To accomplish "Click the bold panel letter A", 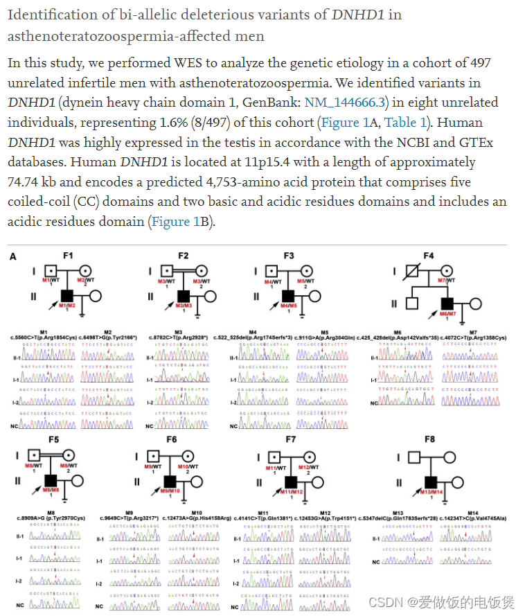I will (13, 256).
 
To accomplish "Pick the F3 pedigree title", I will (288, 256).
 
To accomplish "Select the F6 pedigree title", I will (172, 440).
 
